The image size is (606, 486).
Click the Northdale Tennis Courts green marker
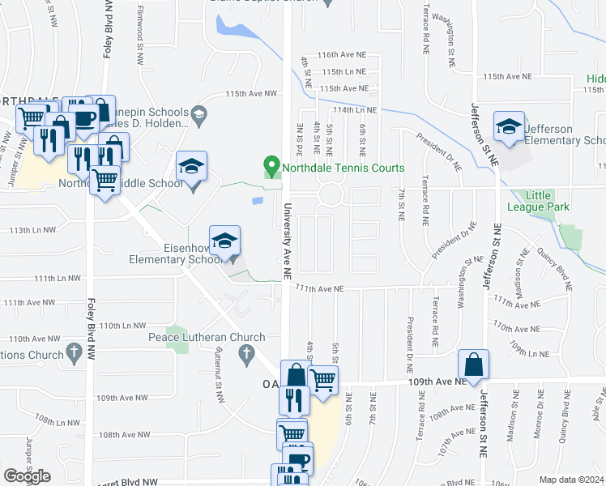pyautogui.click(x=271, y=168)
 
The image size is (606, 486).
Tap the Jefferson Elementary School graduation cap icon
pyautogui.click(x=510, y=127)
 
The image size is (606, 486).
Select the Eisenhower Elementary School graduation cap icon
pyautogui.click(x=224, y=241)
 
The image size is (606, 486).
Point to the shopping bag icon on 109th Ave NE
pyautogui.click(x=474, y=364)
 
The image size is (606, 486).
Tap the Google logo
pyautogui.click(x=27, y=476)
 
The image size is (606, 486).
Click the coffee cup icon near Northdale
pyautogui.click(x=85, y=119)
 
